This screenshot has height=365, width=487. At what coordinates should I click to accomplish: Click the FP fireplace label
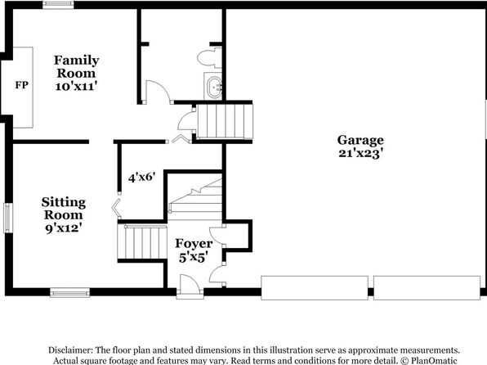point(22,85)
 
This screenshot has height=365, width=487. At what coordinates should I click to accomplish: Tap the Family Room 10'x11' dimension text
point(77,86)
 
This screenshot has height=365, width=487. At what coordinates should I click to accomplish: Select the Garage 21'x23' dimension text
point(360,153)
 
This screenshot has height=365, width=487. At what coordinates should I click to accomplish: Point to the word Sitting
point(64,203)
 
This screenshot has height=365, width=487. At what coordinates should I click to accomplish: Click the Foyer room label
point(194,244)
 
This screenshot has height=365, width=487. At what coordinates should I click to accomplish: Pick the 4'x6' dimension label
point(141,178)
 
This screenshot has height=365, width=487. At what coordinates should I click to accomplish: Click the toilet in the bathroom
point(210,57)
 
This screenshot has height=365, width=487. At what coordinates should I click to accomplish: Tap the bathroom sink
point(214,86)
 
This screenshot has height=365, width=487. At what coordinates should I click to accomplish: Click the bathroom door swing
point(159,92)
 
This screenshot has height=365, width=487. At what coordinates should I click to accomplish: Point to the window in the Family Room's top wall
point(58,5)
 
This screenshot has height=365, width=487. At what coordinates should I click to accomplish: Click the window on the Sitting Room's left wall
point(8,218)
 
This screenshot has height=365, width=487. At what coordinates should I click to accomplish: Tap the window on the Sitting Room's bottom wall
point(70,292)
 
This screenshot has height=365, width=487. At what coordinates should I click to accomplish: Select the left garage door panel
point(315,288)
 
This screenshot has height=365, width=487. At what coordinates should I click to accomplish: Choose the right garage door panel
point(427,288)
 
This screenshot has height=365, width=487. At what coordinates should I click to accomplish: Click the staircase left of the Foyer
point(142,242)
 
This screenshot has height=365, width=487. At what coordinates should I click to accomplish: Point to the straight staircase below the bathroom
point(226,121)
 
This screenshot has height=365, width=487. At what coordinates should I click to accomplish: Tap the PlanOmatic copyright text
point(429,361)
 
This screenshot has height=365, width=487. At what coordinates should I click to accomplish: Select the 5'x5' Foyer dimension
point(193,257)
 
